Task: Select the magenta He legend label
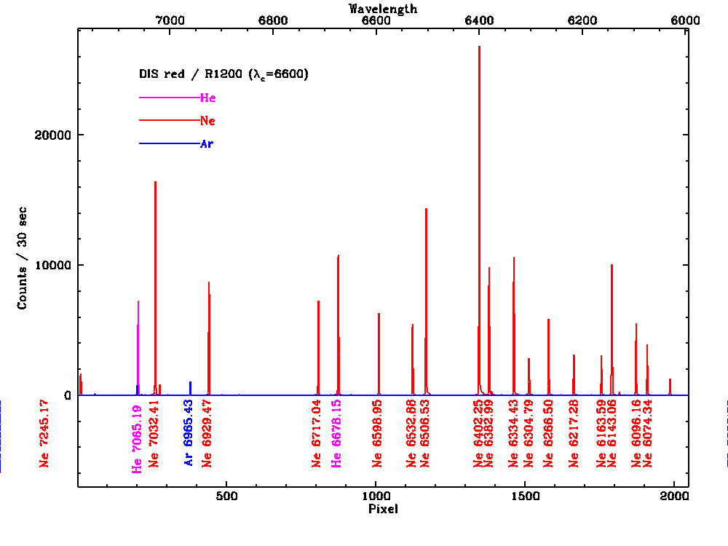[x=207, y=98]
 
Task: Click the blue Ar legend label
[x=207, y=144]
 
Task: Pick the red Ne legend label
[x=207, y=121]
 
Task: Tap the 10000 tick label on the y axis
[x=54, y=265]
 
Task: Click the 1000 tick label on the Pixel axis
[x=376, y=496]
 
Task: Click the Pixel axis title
[x=383, y=509]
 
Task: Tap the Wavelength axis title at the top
[x=383, y=9]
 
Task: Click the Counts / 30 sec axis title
[x=23, y=258]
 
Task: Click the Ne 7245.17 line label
[x=44, y=433]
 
